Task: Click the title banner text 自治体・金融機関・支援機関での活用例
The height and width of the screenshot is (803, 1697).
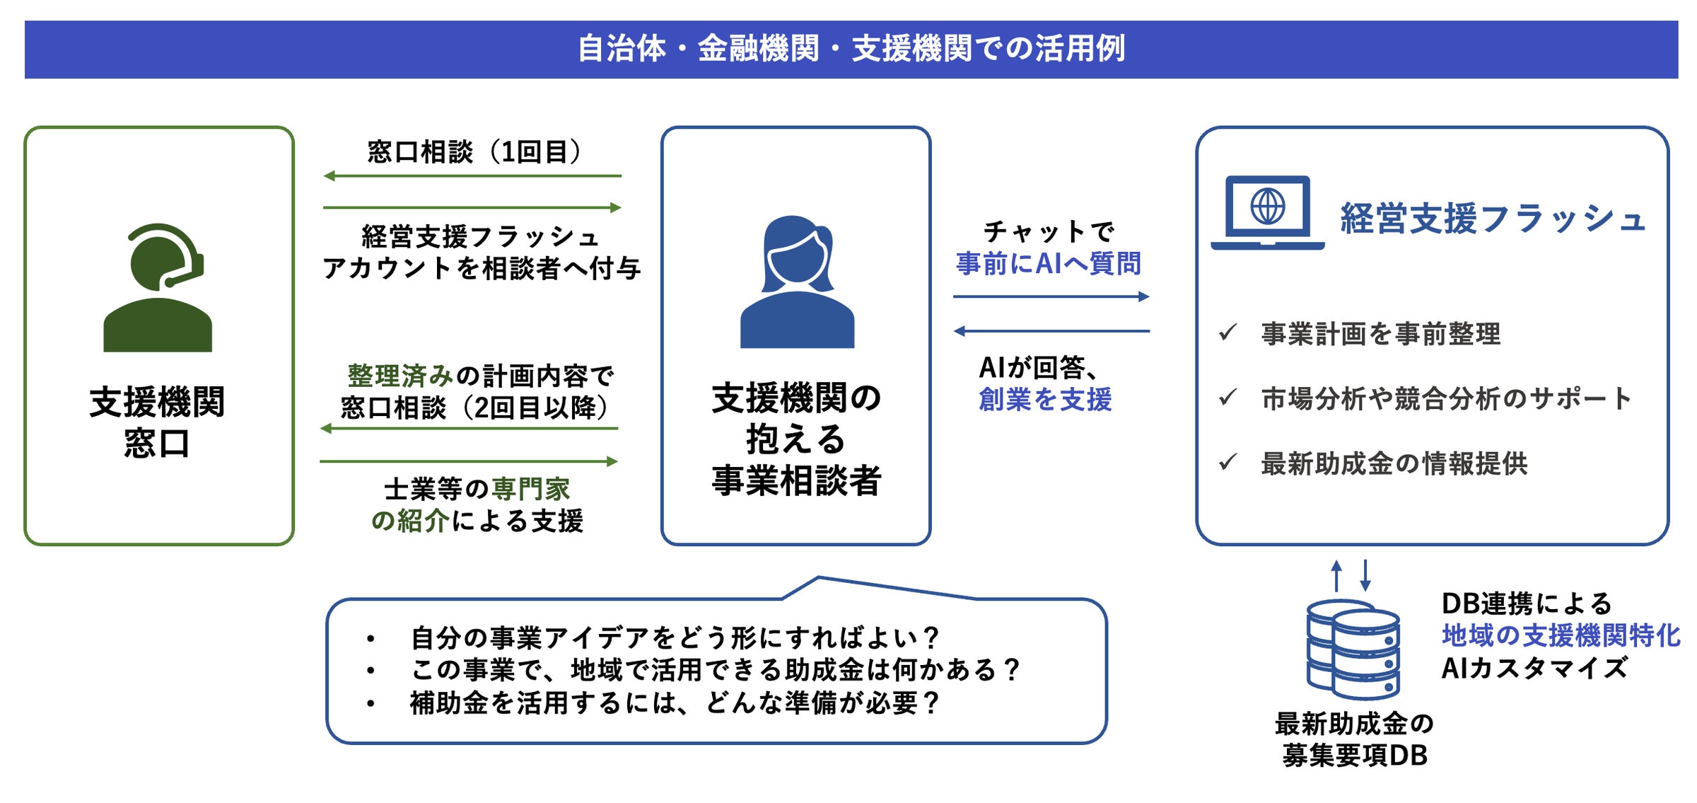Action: [851, 49]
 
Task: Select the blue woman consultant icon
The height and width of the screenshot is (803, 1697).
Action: [797, 282]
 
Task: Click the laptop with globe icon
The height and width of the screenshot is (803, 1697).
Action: [1267, 212]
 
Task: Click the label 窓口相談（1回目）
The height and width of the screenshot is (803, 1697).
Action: [474, 152]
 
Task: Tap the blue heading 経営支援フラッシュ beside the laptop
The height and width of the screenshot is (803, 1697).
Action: [1493, 218]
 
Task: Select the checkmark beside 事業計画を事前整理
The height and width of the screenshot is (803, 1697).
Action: [1228, 332]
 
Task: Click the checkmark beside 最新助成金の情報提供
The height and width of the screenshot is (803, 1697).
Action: [1228, 463]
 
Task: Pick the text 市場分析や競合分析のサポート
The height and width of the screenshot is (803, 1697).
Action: [1446, 399]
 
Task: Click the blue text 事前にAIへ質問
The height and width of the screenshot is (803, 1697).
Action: [1048, 264]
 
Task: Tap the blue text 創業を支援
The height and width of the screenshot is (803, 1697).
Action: [1045, 400]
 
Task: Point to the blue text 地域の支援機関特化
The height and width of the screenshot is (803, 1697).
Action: [1561, 635]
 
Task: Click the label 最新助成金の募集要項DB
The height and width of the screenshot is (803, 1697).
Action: [1354, 740]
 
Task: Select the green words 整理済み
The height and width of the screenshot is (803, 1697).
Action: [400, 376]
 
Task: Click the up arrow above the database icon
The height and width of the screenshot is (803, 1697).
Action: [1336, 575]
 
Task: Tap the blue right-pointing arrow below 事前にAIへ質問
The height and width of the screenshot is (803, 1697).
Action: [1051, 296]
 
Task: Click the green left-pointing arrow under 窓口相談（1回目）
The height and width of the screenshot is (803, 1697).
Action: [472, 175]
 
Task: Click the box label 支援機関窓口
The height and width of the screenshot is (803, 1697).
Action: [157, 422]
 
